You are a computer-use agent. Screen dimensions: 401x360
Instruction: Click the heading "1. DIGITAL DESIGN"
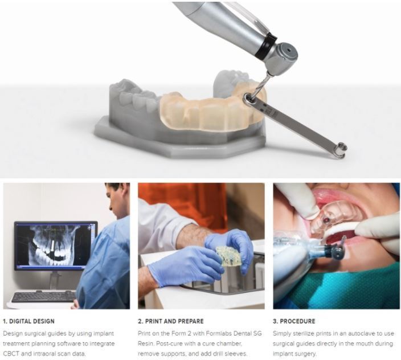point(28,321)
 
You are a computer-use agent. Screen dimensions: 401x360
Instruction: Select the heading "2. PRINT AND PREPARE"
point(170,321)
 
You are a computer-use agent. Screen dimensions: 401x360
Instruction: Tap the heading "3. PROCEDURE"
point(294,321)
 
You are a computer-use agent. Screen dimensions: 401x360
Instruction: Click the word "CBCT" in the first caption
point(11,354)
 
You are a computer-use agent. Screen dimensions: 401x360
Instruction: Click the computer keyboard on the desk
point(44,297)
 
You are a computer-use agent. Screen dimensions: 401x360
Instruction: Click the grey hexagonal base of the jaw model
point(179,143)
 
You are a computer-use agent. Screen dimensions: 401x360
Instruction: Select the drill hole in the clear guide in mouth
point(326,219)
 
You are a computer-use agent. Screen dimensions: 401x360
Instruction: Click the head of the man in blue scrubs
point(118,199)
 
